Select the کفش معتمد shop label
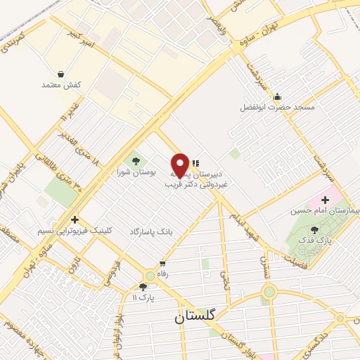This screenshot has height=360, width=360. click(x=62, y=85)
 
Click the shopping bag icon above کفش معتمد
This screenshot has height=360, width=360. click(x=61, y=73)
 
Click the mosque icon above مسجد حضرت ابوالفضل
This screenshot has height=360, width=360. click(x=278, y=96)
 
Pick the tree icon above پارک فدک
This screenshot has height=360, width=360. click(x=314, y=229)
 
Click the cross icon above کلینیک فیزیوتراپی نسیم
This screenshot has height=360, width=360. click(x=75, y=220)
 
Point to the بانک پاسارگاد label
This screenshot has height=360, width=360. click(x=150, y=231)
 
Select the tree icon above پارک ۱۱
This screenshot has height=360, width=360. click(x=143, y=286)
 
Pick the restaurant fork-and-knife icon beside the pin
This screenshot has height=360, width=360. click(x=195, y=163)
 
